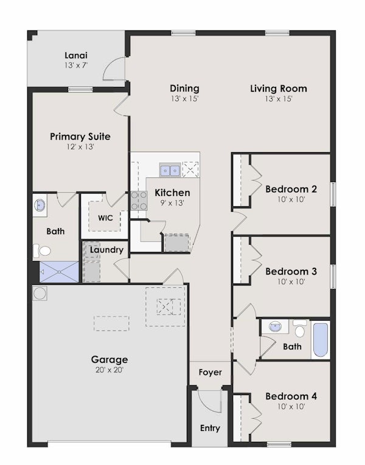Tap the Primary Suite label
pyautogui.click(x=80, y=136)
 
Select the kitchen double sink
pyautogui.click(x=169, y=170)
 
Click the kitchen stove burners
pyautogui.click(x=139, y=200)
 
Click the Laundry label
pyautogui.click(x=106, y=250)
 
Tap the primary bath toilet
pyautogui.click(x=43, y=250)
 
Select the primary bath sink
pyautogui.click(x=40, y=205)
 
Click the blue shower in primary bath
pyautogui.click(x=59, y=271)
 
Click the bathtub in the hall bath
pyautogui.click(x=321, y=340)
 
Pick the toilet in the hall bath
pyautogui.click(x=299, y=330)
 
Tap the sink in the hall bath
pyautogui.click(x=276, y=327)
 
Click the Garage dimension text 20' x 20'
pyautogui.click(x=109, y=369)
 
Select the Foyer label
pyautogui.click(x=210, y=372)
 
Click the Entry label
pyautogui.click(x=210, y=428)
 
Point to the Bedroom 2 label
pyautogui.click(x=291, y=189)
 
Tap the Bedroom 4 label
pyautogui.click(x=291, y=396)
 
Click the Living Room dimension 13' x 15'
pyautogui.click(x=279, y=99)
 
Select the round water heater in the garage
pyautogui.click(x=40, y=293)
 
